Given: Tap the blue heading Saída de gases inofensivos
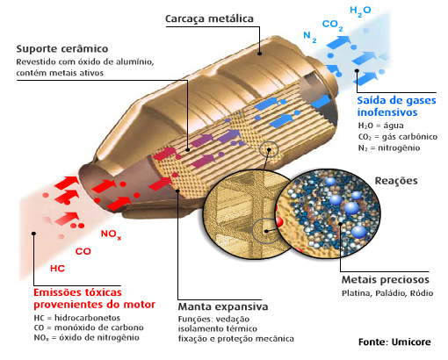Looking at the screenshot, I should point(396,106).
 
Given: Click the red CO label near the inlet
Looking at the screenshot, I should point(83,250).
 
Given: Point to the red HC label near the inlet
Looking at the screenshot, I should point(57,267).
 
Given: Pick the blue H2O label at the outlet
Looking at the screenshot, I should point(360,11).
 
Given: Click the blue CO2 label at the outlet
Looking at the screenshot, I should point(332,25).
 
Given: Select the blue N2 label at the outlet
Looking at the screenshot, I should point(308,38).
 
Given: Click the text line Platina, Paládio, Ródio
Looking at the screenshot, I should point(387,293).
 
